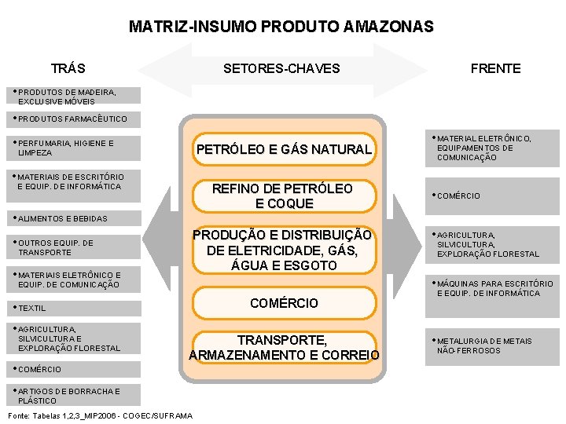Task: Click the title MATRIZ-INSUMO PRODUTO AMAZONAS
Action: click(281, 27)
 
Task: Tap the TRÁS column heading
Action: click(68, 68)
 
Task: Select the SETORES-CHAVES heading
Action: click(281, 68)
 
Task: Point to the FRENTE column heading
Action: click(495, 68)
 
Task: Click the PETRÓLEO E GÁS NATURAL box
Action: click(283, 149)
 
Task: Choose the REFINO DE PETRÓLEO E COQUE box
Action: click(283, 196)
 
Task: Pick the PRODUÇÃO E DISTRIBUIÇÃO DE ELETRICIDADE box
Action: click(283, 250)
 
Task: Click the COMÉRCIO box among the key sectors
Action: click(283, 303)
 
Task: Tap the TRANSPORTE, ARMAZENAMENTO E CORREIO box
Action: click(283, 348)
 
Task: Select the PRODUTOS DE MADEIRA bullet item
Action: click(67, 97)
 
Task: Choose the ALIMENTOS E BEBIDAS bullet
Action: click(62, 218)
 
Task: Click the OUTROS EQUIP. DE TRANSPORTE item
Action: click(55, 247)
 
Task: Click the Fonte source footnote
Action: click(99, 415)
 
